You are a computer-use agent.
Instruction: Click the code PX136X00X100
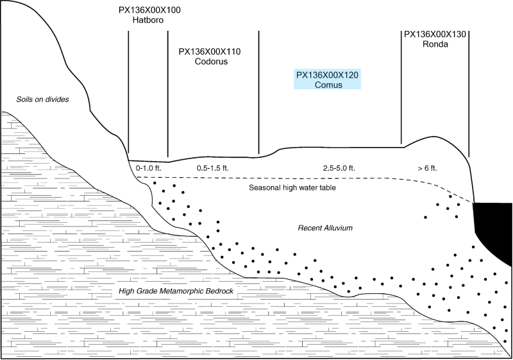coord(149,10)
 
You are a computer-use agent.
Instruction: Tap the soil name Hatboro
coord(148,20)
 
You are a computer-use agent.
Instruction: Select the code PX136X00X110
coord(210,52)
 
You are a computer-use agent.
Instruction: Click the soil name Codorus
coord(211,62)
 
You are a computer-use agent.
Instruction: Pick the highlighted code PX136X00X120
coord(327,75)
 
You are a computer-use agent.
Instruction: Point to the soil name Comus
coord(328,85)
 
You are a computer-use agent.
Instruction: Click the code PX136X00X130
coord(435,35)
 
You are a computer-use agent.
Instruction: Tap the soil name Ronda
coord(435,44)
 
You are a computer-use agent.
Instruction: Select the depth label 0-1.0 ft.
coord(149,168)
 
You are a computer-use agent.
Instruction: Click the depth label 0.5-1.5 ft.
coord(213,168)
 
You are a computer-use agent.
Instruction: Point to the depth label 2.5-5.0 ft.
coord(339,168)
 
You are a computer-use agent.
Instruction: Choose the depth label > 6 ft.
coord(427,168)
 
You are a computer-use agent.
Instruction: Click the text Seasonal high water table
coord(292,188)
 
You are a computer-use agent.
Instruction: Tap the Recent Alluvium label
coord(325,228)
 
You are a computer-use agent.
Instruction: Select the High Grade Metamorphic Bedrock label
coord(176,291)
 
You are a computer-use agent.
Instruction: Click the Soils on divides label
coord(42,99)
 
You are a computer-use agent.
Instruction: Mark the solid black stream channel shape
coord(492,229)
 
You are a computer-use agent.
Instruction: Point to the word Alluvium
coord(338,228)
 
